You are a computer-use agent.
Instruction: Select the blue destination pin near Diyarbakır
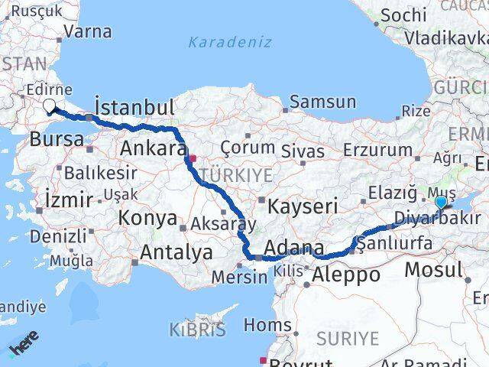[x=442, y=203]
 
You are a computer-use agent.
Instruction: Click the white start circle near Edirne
[x=50, y=106]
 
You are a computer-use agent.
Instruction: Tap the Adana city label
[x=290, y=248]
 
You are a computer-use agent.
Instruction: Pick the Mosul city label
[x=433, y=269]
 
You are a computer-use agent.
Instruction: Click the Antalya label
[x=176, y=252]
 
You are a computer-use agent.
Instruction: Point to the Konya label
[x=148, y=218]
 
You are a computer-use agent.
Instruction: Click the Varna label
[x=88, y=32]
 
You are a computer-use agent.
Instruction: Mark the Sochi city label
[x=403, y=15]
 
